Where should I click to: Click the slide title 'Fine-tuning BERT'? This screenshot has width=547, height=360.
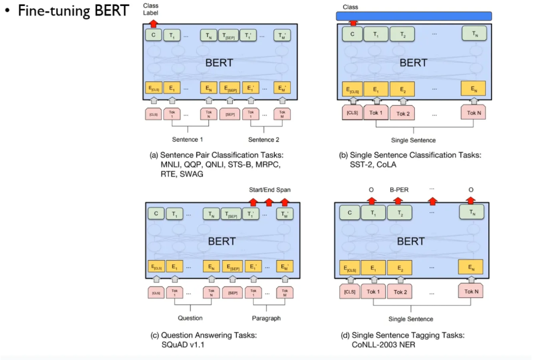point(73,11)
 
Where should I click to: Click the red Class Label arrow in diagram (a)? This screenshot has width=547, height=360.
point(154,23)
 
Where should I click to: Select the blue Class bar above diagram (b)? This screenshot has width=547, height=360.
point(414,16)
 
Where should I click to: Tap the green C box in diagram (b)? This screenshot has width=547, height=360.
point(352,35)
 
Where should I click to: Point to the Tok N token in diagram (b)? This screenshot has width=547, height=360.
point(474,112)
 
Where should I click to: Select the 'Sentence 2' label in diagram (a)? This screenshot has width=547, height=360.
point(265,139)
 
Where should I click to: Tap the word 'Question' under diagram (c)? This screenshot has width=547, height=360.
point(190,318)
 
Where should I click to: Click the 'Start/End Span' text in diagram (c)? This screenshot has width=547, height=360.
point(269,190)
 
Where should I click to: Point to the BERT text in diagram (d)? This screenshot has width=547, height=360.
point(411,241)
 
